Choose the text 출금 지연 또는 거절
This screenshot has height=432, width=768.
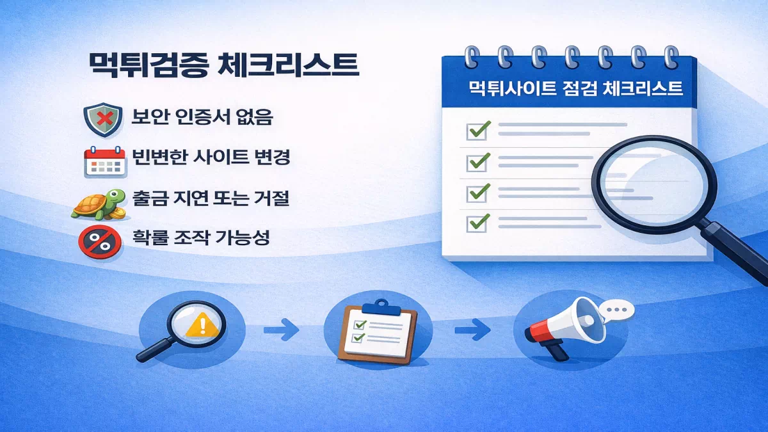coord(211,199)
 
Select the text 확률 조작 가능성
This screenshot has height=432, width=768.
coord(201,240)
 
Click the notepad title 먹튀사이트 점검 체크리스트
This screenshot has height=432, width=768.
coord(575,88)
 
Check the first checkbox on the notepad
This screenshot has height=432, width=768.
coord(477,131)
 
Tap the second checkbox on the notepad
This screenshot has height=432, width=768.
coord(477,161)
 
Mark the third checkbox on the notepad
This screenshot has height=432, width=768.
coord(477,192)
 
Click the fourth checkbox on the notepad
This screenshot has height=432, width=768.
coord(477,222)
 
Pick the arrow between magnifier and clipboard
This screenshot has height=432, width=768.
coord(282,332)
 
